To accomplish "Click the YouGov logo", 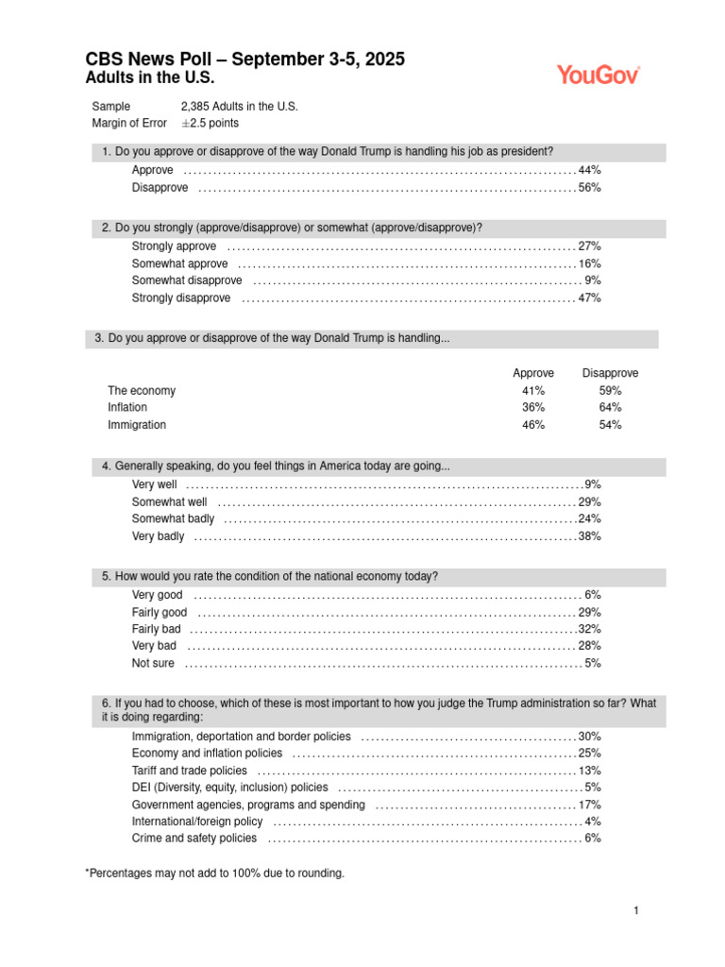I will (x=598, y=75).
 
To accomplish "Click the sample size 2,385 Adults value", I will (x=239, y=107).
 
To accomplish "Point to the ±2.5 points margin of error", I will (x=210, y=124).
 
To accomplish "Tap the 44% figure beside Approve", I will (x=590, y=170).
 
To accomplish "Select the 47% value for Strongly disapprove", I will (x=590, y=298).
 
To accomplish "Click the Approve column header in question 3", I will (x=533, y=373).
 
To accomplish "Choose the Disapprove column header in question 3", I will (x=610, y=373).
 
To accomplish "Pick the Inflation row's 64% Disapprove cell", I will (x=610, y=408).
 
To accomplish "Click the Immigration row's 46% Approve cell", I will (x=533, y=425).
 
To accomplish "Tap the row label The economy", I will (x=142, y=391).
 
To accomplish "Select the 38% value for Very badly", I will (x=590, y=536).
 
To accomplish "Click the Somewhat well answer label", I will (x=169, y=502).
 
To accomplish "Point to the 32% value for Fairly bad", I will (x=590, y=629).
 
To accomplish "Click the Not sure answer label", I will (x=153, y=664).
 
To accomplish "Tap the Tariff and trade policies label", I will (x=190, y=771).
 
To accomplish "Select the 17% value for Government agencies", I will (x=590, y=805).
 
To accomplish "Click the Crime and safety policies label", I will (x=194, y=839).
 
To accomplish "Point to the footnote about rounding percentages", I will (x=215, y=874).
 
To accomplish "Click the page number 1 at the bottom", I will (x=637, y=911).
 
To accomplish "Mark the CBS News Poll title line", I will (x=244, y=59).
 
